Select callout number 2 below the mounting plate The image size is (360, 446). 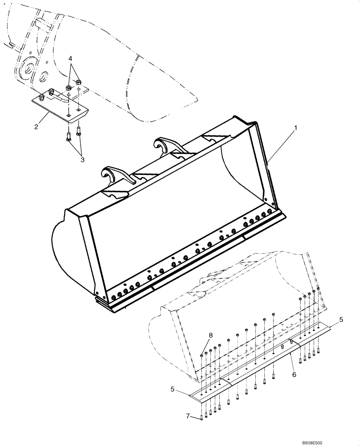[x=36, y=127]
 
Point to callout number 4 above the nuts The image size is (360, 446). [x=70, y=58]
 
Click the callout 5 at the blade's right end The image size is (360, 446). [x=341, y=319]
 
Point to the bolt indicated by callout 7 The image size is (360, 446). [x=202, y=417]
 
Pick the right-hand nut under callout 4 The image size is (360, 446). [x=79, y=82]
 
